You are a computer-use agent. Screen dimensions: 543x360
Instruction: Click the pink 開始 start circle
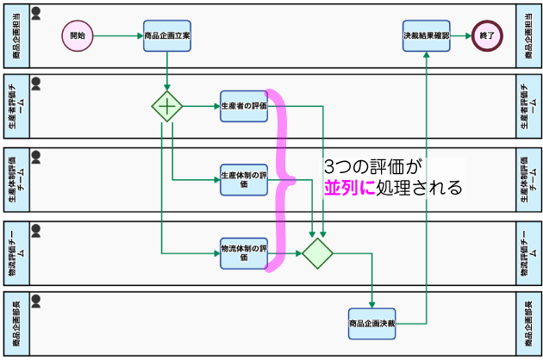78,35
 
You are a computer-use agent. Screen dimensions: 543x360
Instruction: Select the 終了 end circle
487,35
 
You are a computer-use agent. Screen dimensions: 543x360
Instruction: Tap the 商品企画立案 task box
167,35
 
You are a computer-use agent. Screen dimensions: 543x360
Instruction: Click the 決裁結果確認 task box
427,35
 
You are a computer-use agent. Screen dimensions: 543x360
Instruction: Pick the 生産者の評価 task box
244,106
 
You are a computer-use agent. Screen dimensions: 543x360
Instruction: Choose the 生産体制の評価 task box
244,180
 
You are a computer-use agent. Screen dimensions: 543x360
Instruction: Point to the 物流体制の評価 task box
244,253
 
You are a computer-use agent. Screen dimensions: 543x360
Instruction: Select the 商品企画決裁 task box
372,324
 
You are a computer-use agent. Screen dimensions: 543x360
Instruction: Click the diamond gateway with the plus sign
167,106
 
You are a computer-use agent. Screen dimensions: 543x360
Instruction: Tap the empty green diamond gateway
317,253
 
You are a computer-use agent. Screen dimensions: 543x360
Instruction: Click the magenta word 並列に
350,188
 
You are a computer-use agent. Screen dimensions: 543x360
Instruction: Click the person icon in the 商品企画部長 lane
36,301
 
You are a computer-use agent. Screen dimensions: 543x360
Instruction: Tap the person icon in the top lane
36,13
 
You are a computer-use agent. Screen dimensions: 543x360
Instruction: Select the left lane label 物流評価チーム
16,253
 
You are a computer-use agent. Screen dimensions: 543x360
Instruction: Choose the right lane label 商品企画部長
528,324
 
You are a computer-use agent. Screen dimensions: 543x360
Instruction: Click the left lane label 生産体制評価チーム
16,180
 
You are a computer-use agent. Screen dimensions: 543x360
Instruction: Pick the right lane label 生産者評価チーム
528,106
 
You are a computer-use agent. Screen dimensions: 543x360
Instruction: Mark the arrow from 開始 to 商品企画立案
118,35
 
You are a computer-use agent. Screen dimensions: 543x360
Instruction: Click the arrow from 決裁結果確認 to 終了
461,35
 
